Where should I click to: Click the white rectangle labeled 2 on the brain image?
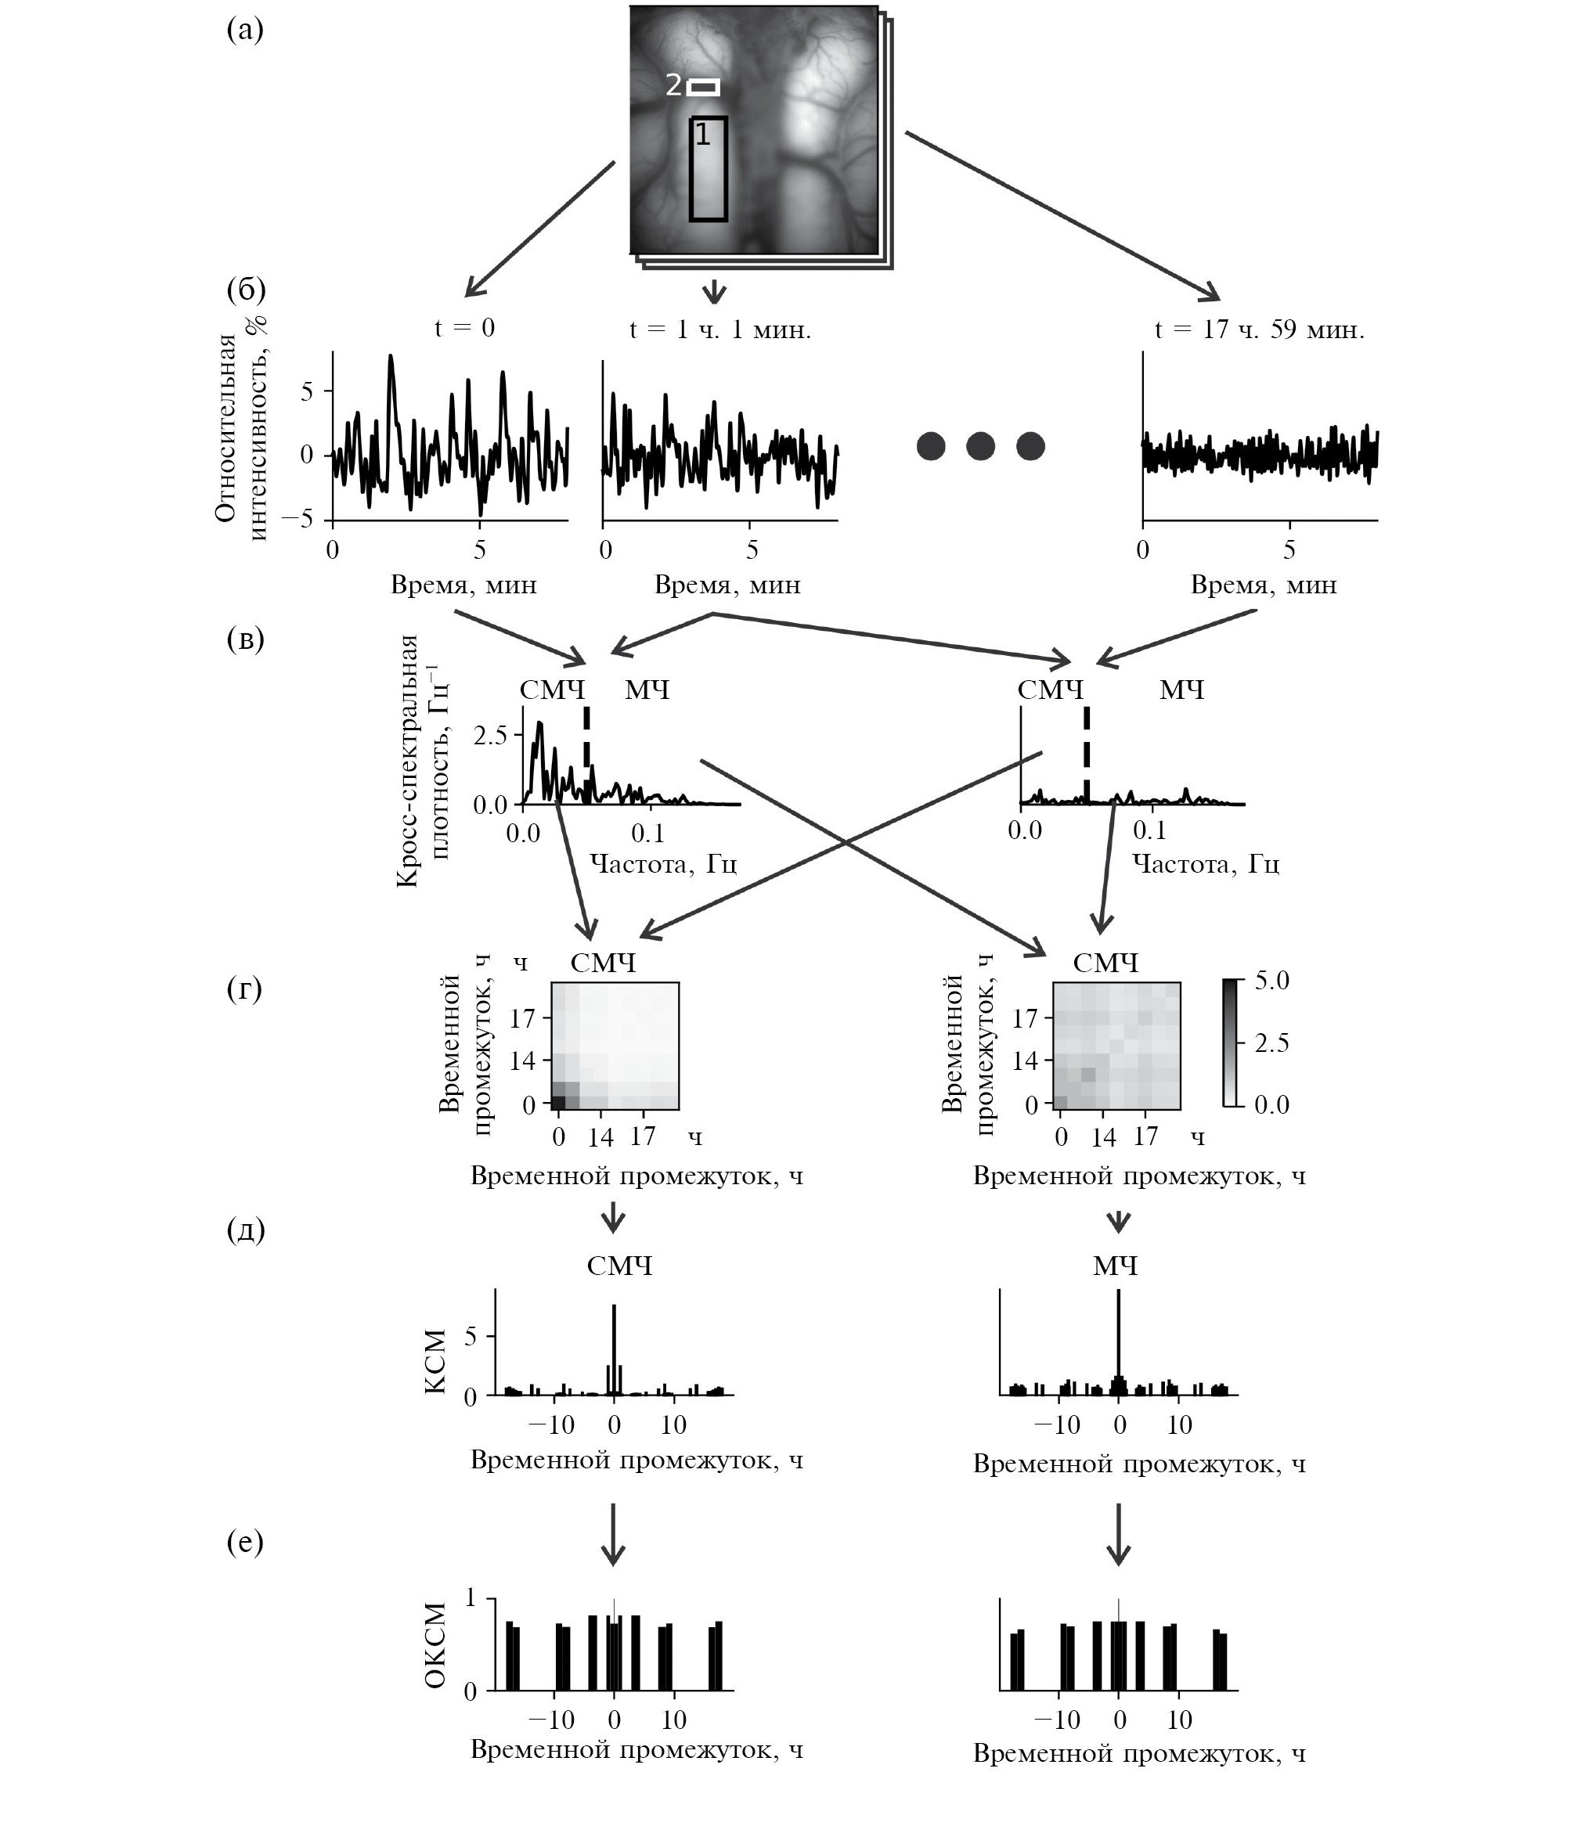[703, 87]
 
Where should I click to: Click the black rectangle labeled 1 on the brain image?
[708, 168]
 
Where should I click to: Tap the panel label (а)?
[245, 31]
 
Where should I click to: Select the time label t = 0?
[464, 328]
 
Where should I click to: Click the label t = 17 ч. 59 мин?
[1260, 330]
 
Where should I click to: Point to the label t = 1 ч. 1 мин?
[720, 330]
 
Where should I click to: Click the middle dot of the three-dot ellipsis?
[980, 446]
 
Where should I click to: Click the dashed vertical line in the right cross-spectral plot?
[1086, 755]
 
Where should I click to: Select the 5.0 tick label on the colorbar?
[1270, 980]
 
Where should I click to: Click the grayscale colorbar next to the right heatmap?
[1231, 1042]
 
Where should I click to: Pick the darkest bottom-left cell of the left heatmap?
[558, 1101]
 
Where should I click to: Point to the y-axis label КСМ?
[435, 1362]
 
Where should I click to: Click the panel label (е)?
[245, 1541]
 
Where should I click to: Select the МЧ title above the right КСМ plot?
[1116, 1266]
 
